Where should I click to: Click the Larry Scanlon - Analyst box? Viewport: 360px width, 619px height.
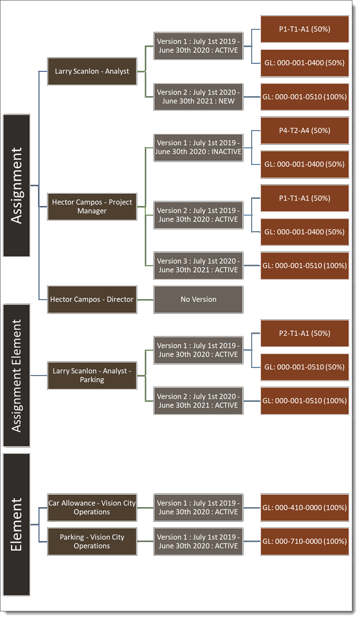(x=92, y=71)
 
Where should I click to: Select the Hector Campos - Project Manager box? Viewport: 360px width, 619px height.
(x=92, y=206)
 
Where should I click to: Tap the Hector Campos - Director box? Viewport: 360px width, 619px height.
(x=92, y=299)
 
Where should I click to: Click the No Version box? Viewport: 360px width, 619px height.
(x=198, y=299)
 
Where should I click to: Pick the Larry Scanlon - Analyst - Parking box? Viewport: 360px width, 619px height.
(x=92, y=375)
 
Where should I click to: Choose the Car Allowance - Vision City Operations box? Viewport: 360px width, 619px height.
(x=92, y=507)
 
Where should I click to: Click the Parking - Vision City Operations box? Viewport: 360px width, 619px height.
(x=92, y=541)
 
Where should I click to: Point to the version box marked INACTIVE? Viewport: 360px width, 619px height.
(x=198, y=147)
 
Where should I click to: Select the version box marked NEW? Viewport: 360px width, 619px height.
(x=198, y=97)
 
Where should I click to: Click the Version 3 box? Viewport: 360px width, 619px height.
(x=198, y=265)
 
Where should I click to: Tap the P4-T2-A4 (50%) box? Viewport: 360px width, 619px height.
(x=304, y=131)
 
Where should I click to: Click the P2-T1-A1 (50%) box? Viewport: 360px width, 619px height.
(x=304, y=333)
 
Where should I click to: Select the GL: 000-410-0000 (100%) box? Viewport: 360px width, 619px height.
(x=304, y=507)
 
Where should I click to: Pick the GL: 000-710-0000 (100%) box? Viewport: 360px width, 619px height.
(x=304, y=541)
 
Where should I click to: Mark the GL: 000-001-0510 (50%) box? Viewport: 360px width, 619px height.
(x=304, y=367)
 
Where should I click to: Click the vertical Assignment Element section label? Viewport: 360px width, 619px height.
(x=16, y=375)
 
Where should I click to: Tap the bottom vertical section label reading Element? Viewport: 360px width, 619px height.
(x=16, y=524)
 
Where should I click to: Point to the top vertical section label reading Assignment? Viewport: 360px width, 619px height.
(x=16, y=185)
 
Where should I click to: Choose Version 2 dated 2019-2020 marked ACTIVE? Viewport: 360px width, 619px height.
(x=198, y=215)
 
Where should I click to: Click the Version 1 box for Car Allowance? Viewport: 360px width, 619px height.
(x=198, y=507)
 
